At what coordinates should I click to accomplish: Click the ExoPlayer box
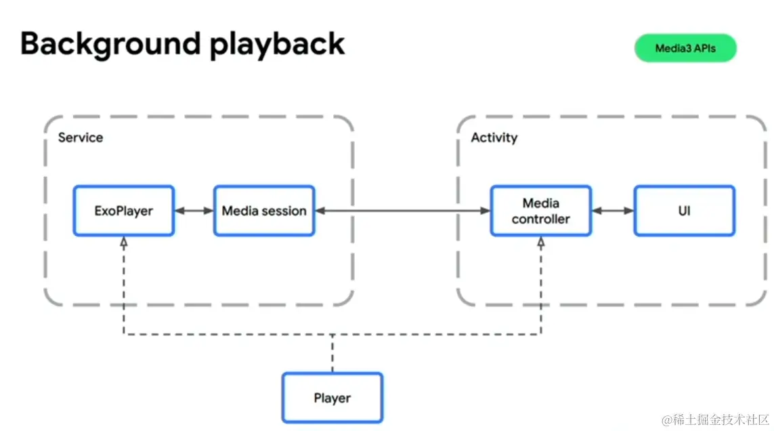(123, 211)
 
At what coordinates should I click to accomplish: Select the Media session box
(264, 211)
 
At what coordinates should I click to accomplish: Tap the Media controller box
(541, 211)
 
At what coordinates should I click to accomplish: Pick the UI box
(684, 211)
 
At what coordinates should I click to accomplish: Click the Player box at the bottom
(332, 397)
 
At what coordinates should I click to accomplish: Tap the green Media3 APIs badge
(685, 48)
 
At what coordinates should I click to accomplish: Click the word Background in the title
(110, 45)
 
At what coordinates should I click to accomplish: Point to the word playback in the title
(277, 45)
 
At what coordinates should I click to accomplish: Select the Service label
(81, 138)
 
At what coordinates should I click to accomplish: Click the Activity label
(494, 138)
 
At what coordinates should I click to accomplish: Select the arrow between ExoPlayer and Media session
(194, 211)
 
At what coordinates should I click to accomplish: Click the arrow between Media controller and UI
(613, 211)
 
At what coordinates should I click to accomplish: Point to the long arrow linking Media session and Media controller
(403, 211)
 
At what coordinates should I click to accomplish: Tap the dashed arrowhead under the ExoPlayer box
(123, 242)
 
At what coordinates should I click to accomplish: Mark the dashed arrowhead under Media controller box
(541, 242)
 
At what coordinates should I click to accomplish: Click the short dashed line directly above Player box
(332, 353)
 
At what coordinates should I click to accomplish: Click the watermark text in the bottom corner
(715, 419)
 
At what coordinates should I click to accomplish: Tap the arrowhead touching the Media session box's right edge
(320, 211)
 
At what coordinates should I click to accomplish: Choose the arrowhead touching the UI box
(629, 211)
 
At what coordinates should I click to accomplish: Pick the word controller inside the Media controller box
(540, 219)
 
